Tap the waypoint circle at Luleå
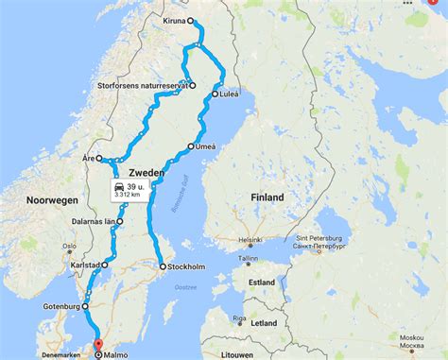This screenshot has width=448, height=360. pos(215,94)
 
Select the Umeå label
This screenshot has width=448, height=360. pos(205,146)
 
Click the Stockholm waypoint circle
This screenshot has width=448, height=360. pos(163,267)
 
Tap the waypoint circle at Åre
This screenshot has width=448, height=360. pos(99,159)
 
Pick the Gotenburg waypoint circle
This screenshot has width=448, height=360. pos(85,306)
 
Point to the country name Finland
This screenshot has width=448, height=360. pos(267,197)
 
